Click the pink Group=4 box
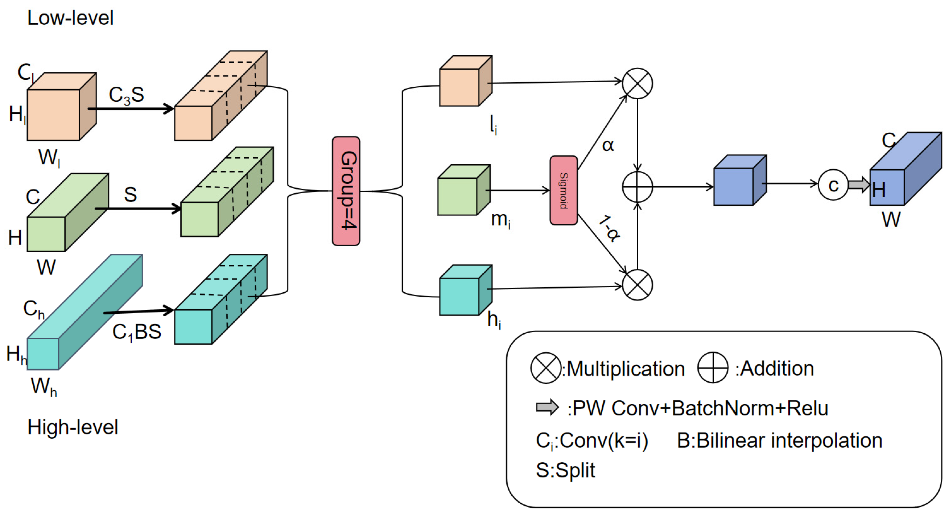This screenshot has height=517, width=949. tap(346, 191)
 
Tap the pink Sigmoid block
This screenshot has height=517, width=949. tap(563, 190)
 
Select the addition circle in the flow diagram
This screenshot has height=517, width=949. tap(637, 187)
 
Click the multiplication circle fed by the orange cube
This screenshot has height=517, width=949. tap(637, 83)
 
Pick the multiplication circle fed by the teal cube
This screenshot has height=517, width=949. tap(637, 285)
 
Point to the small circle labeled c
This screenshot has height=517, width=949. tap(833, 185)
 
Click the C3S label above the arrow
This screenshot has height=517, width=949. tap(126, 95)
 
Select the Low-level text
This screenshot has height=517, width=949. tap(70, 18)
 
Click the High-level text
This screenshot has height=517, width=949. tap(73, 427)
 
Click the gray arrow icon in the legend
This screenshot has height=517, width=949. tap(547, 407)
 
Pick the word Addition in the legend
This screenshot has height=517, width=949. tap(777, 368)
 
